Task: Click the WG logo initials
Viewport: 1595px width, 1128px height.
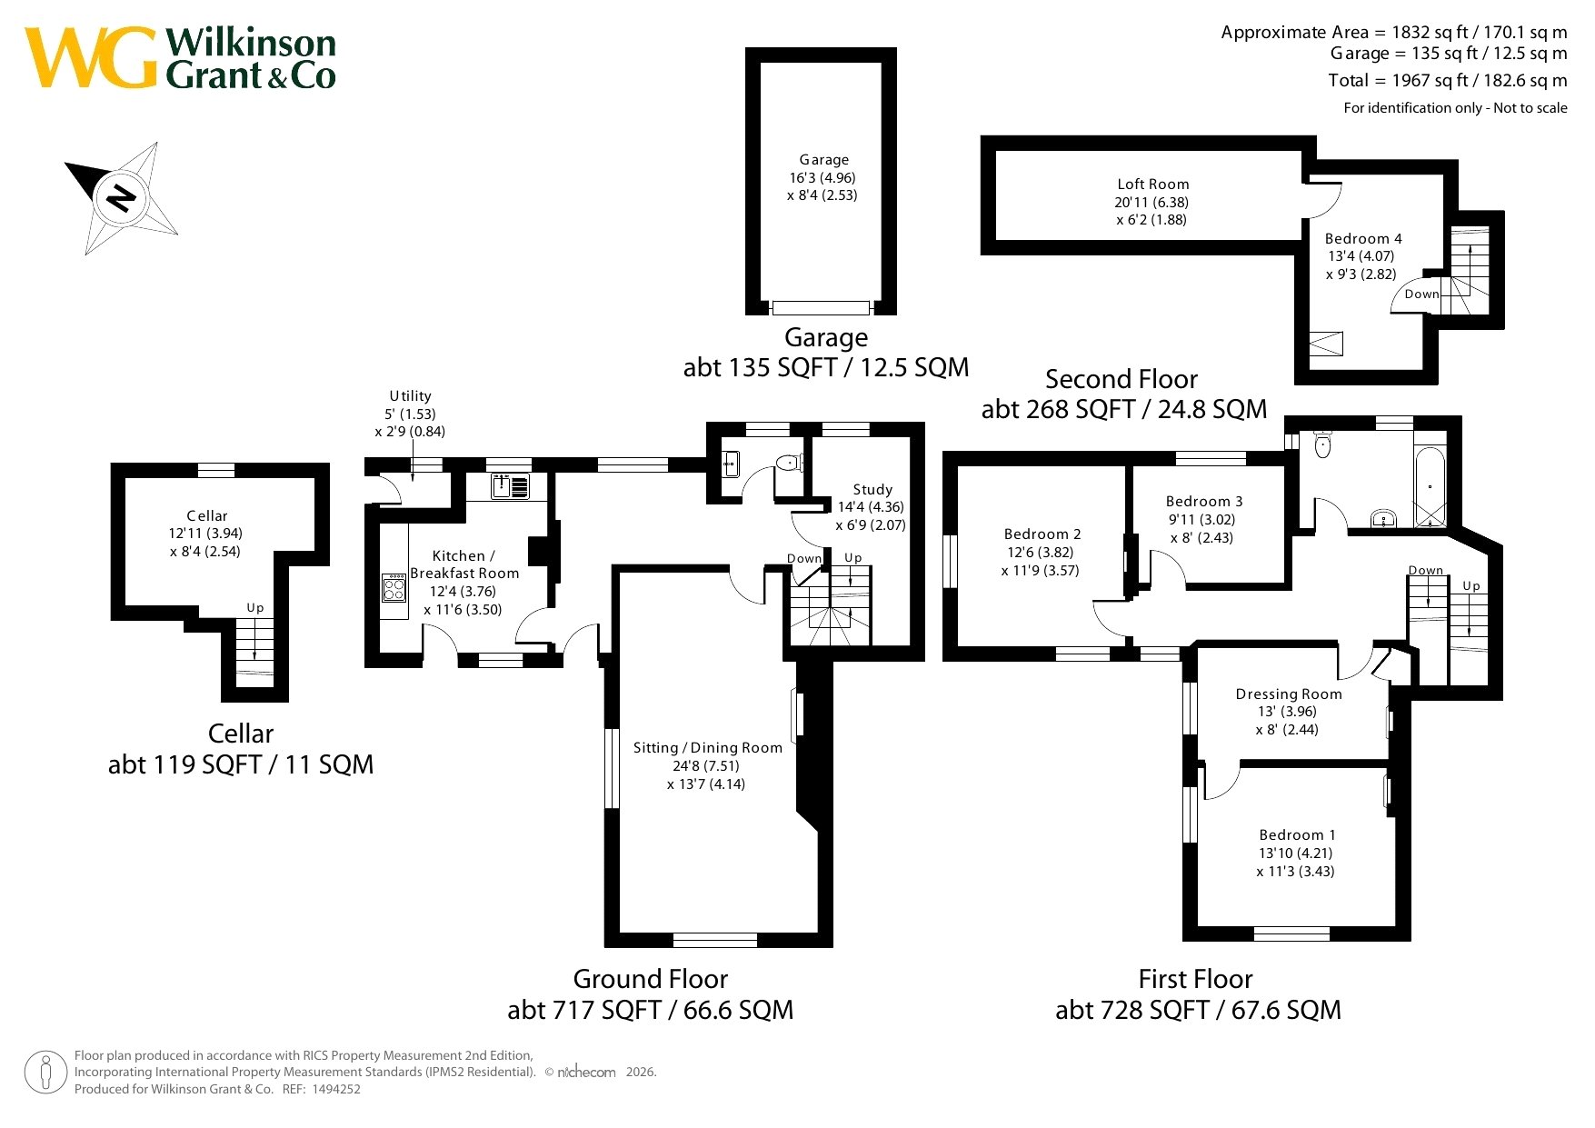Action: click(90, 58)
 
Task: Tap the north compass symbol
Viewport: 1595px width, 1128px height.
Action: click(121, 197)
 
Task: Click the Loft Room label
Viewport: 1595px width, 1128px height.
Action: click(1152, 185)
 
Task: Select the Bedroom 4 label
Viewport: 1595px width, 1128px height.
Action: click(1363, 239)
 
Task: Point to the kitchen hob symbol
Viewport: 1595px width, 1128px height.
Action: click(394, 587)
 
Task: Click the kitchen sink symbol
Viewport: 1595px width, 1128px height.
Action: click(511, 486)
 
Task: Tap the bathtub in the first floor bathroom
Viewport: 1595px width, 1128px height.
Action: click(1430, 486)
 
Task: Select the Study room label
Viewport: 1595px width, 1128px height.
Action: click(872, 489)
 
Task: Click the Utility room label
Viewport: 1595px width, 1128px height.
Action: click(410, 396)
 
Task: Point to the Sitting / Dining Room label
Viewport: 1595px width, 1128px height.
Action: click(707, 748)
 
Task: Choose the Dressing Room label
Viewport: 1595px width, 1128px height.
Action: click(1289, 694)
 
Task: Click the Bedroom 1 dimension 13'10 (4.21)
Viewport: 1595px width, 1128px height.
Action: click(1296, 853)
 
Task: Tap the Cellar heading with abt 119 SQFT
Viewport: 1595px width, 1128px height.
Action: click(241, 749)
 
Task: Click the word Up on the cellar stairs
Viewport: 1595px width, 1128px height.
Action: click(255, 608)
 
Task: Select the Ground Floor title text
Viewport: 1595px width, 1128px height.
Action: click(651, 979)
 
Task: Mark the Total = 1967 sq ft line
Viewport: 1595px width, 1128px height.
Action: click(1448, 80)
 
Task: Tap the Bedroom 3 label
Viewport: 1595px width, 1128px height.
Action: click(1204, 502)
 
